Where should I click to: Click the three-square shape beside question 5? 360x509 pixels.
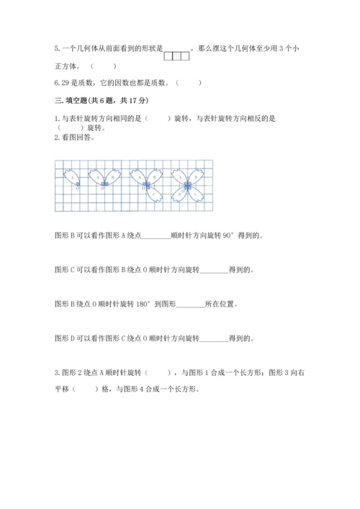tap(177, 56)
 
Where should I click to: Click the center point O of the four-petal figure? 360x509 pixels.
tap(186, 185)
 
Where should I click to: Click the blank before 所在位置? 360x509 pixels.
tap(190, 303)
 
